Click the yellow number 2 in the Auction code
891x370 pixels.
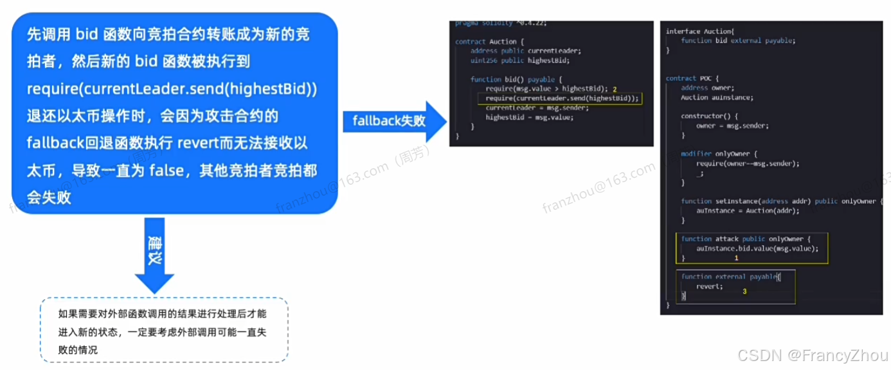pyautogui.click(x=615, y=89)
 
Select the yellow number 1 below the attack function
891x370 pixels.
pyautogui.click(x=736, y=257)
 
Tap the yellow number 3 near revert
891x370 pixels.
pyautogui.click(x=744, y=291)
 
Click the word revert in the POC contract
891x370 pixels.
pyautogui.click(x=709, y=286)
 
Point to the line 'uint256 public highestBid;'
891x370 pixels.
pyautogui.click(x=520, y=60)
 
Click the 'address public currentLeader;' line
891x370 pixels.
pyautogui.click(x=525, y=51)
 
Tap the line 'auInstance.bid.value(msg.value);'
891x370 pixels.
pyautogui.click(x=757, y=248)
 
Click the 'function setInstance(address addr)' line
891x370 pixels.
pyautogui.click(x=746, y=201)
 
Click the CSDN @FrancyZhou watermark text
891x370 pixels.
pyautogui.click(x=813, y=355)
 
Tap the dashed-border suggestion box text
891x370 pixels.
pyautogui.click(x=163, y=332)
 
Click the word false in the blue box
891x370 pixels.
pyautogui.click(x=168, y=170)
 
